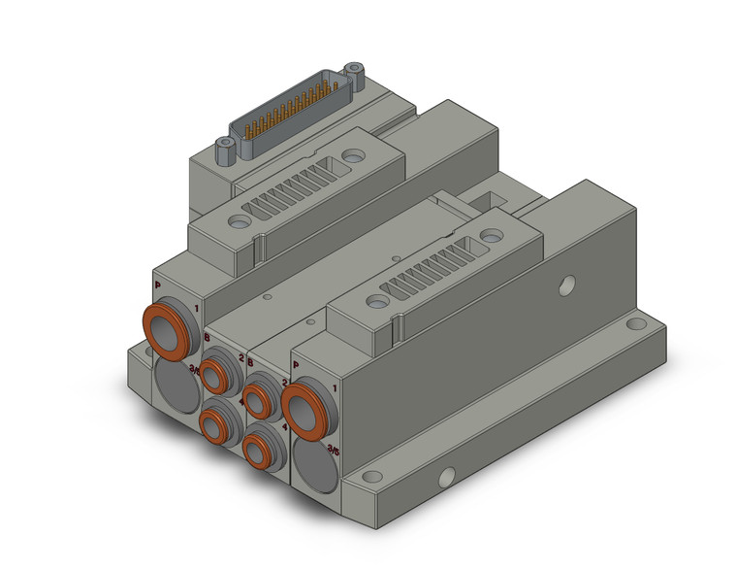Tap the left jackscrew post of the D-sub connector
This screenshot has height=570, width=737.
[226, 148]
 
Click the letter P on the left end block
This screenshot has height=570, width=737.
[158, 285]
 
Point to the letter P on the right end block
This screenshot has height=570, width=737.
[295, 366]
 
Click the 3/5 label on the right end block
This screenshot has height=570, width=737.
[335, 449]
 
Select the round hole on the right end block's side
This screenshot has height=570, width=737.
[567, 285]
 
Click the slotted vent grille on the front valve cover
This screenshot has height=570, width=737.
[428, 274]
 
